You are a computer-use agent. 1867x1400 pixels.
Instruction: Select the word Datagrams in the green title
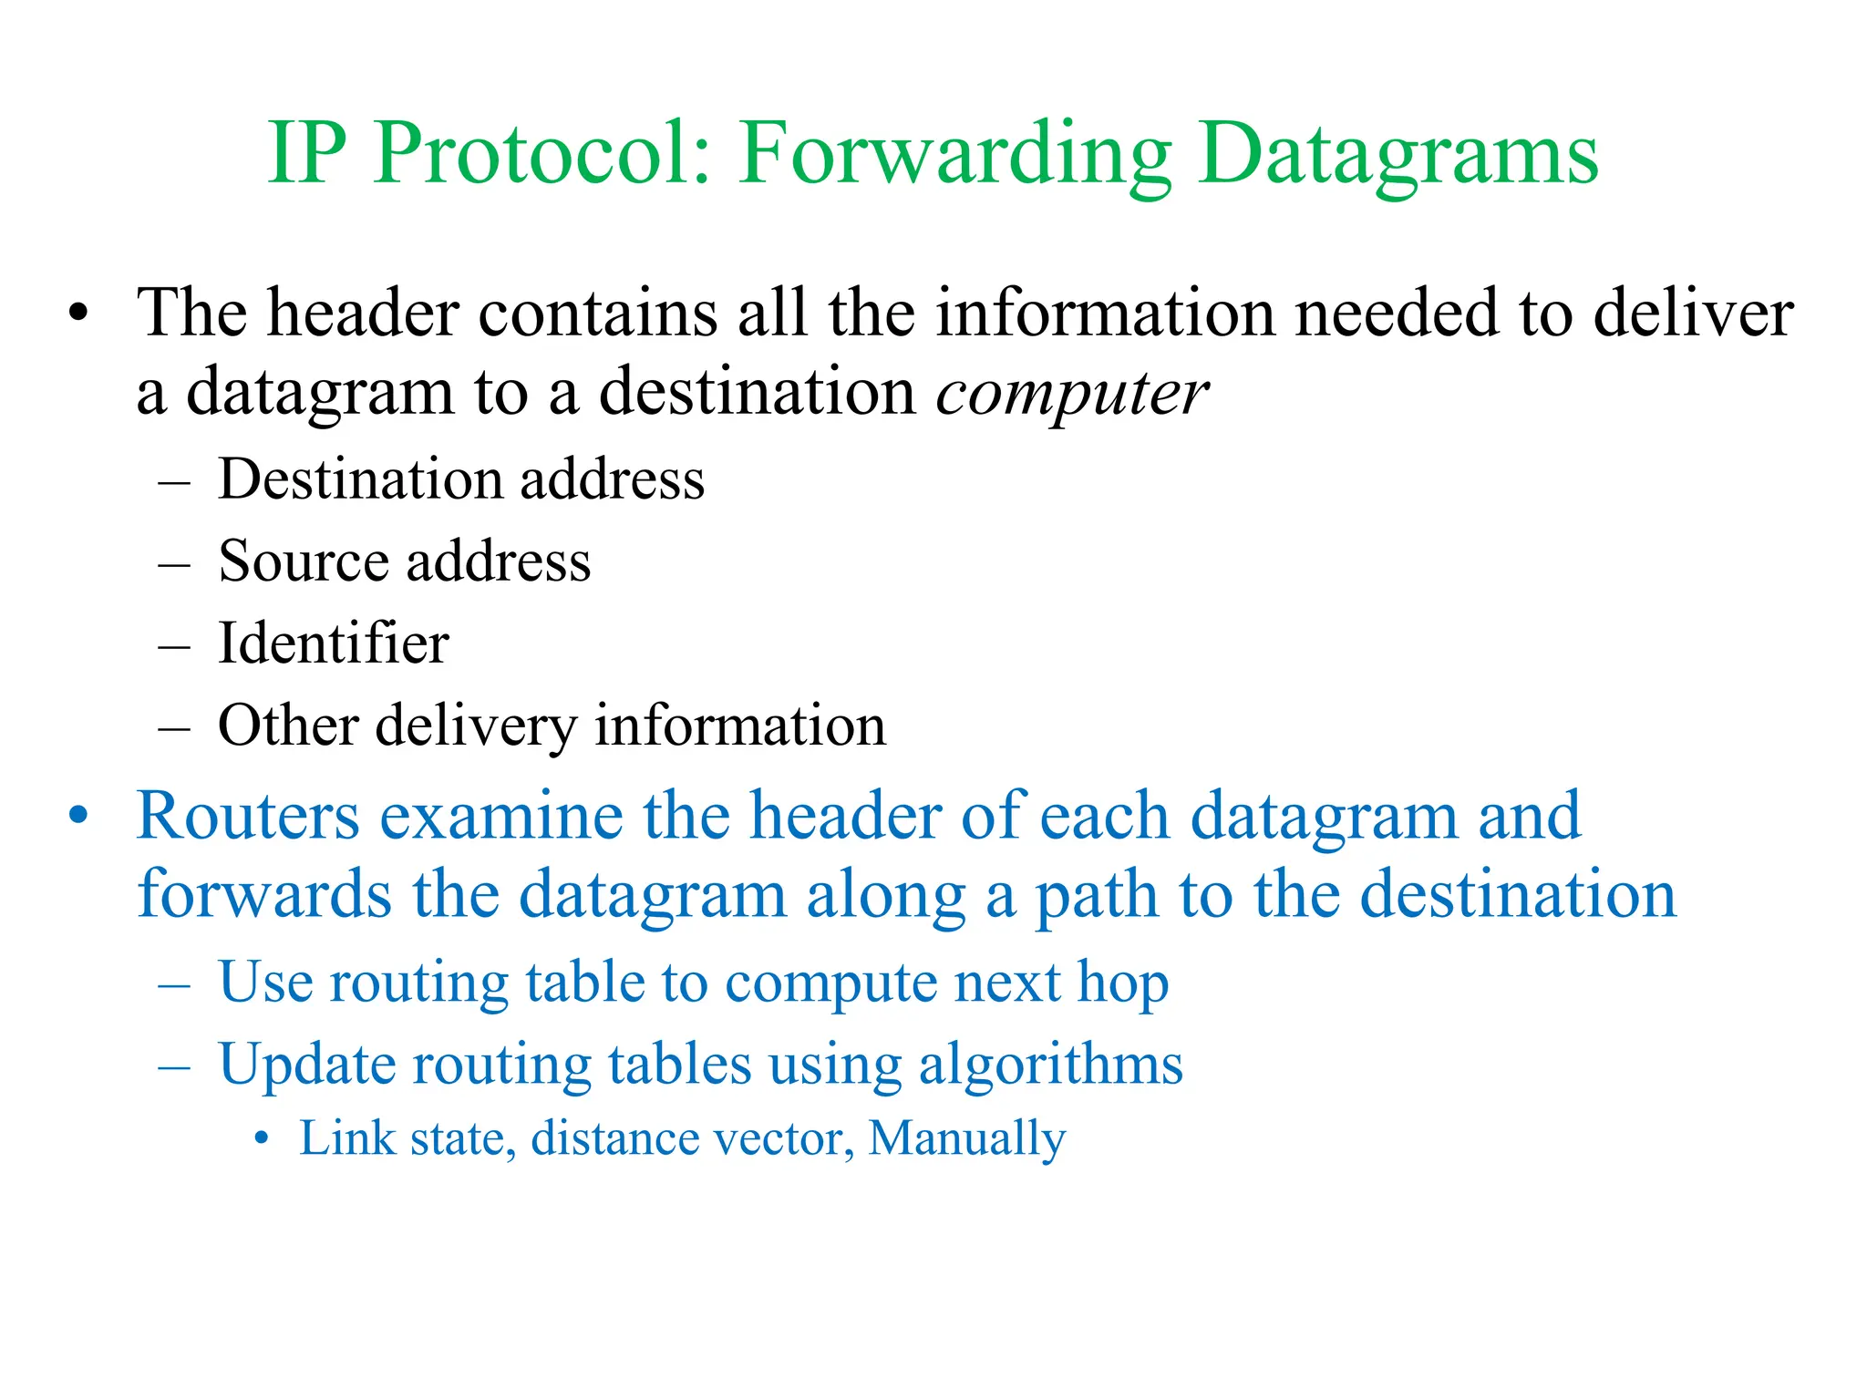click(x=1398, y=155)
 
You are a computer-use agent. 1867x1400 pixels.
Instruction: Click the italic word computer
click(x=1072, y=394)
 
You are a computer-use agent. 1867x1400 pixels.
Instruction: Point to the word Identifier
click(x=334, y=643)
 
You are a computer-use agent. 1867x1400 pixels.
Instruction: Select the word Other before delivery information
click(x=288, y=726)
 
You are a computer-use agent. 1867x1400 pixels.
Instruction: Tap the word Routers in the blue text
click(x=248, y=815)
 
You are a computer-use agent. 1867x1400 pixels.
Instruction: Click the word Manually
click(x=966, y=1138)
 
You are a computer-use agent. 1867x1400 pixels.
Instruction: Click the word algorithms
click(x=1050, y=1065)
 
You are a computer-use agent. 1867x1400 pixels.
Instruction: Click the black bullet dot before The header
click(x=79, y=314)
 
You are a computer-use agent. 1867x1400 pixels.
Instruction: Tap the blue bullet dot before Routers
click(x=79, y=815)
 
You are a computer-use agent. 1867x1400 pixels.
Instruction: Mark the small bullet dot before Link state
click(x=263, y=1138)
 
